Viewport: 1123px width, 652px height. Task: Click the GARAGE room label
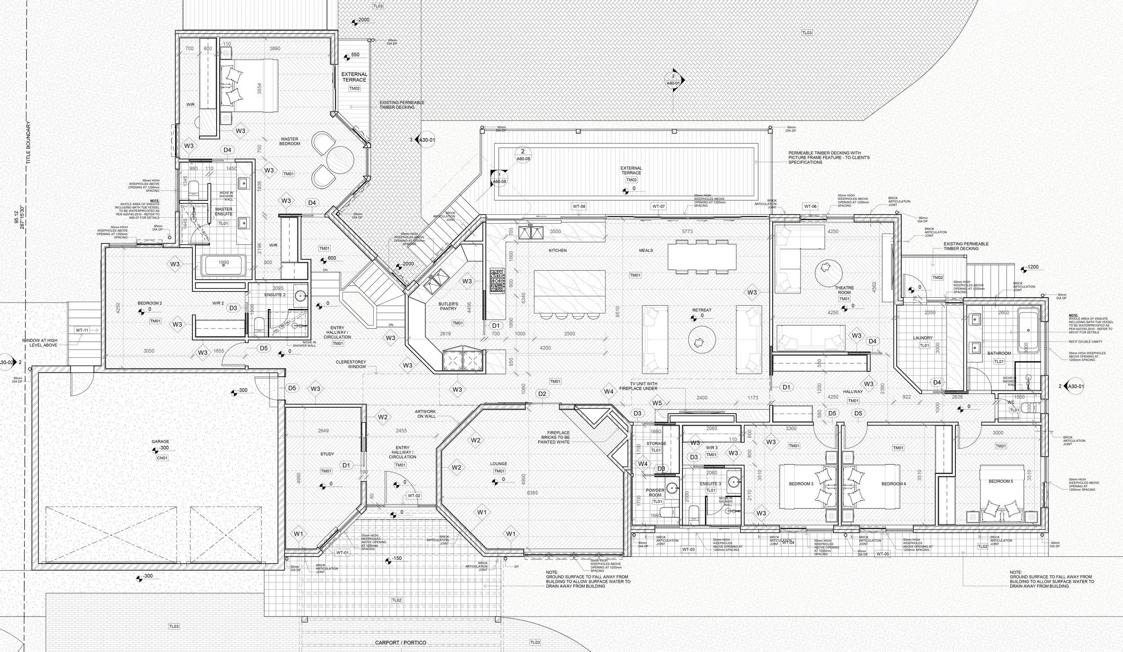pos(160,441)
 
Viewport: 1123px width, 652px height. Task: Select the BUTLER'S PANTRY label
pos(448,306)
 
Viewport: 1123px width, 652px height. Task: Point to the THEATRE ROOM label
pos(844,290)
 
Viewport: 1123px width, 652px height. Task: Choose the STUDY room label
pos(327,454)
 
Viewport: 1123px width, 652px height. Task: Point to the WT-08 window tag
pos(579,207)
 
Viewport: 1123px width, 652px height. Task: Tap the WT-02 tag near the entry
pos(414,495)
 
